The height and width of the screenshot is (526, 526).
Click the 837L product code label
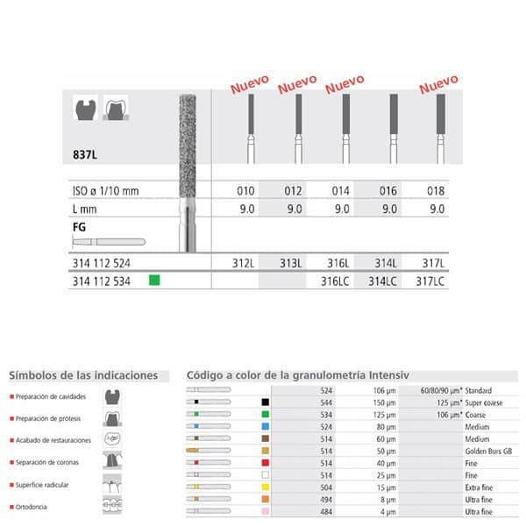pos(85,153)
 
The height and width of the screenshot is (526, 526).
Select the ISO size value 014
pos(343,191)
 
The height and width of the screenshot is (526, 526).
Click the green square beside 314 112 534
pos(154,281)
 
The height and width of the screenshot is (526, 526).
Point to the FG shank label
pos(77,226)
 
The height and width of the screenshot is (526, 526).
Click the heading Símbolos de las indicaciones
pos(83,375)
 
